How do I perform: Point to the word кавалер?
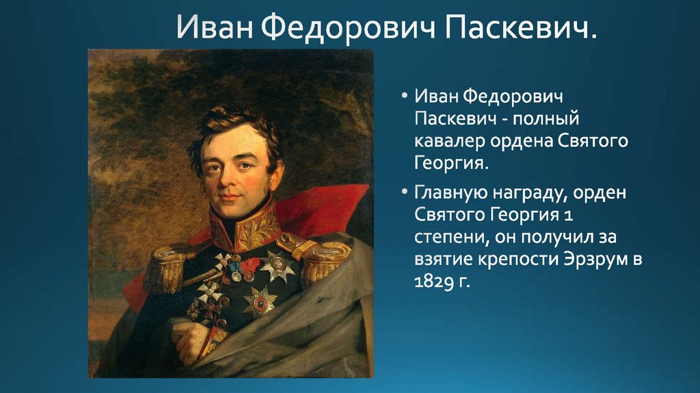450,141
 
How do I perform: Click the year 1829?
433,282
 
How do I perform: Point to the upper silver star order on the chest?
277,266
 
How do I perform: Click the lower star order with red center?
259,303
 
